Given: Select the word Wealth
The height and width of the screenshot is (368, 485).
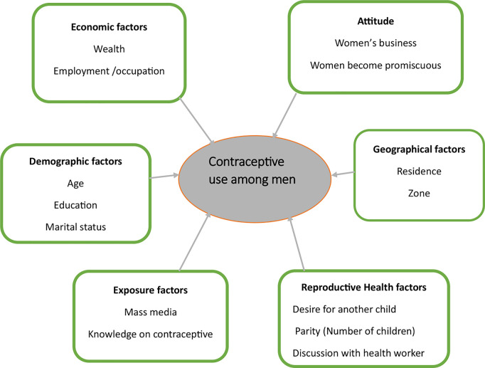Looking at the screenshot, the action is (x=110, y=50).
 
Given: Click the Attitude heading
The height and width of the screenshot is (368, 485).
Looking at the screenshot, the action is (x=374, y=23).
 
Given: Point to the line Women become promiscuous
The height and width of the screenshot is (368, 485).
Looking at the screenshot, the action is (x=375, y=65).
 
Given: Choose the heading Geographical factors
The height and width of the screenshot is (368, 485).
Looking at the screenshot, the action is (x=418, y=149).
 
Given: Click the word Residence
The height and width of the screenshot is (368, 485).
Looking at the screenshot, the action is (x=418, y=171).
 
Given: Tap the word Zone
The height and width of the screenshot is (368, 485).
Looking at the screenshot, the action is (x=418, y=192).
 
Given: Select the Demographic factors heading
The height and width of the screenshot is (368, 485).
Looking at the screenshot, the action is (x=76, y=162).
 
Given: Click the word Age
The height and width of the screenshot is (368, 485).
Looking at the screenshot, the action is (x=75, y=184).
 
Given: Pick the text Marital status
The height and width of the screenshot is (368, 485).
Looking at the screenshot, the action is (x=76, y=226).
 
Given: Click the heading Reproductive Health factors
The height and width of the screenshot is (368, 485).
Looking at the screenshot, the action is (x=363, y=288).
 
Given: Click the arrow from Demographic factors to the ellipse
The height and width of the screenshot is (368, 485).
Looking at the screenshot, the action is (x=165, y=174).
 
